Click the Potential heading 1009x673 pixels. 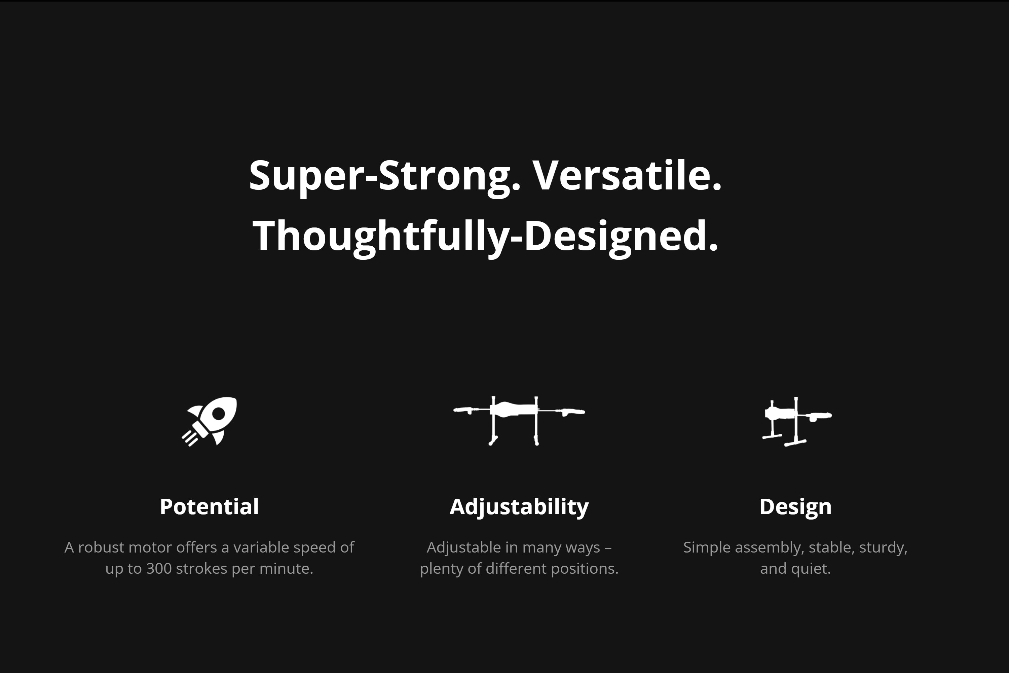coord(209,506)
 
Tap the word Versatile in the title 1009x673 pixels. coord(627,175)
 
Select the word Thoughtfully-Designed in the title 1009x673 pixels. coord(485,236)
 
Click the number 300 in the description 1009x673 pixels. coord(159,569)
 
